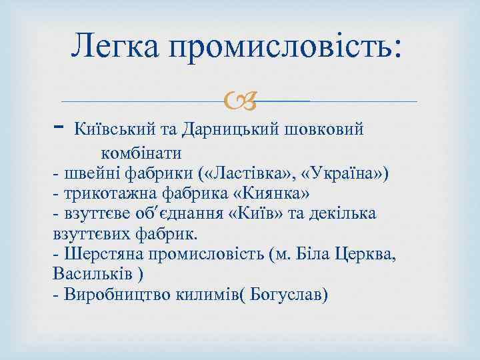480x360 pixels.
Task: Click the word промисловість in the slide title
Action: point(283,48)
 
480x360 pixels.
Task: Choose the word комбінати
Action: point(142,152)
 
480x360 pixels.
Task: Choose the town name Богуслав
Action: point(286,294)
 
